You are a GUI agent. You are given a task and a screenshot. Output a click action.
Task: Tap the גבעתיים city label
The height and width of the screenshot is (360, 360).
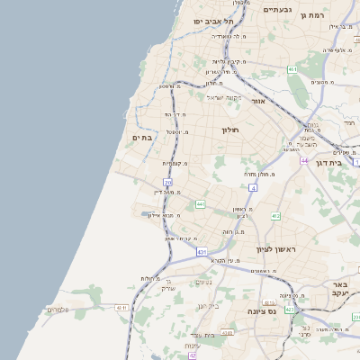point(275,10)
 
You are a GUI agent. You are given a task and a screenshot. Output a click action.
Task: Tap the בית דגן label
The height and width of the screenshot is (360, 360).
point(330,164)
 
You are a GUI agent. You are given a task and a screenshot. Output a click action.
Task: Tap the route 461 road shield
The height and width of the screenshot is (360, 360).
point(292,68)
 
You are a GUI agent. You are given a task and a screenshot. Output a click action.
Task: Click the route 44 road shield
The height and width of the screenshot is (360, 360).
point(305,160)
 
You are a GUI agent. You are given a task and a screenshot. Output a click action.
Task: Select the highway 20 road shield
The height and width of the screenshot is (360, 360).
point(167,183)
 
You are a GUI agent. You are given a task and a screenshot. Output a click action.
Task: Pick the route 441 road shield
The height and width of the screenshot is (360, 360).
point(199,204)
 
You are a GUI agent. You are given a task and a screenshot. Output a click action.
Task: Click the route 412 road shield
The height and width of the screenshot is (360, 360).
point(275,216)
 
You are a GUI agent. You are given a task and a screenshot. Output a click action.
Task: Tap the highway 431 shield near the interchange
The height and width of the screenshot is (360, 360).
point(201,253)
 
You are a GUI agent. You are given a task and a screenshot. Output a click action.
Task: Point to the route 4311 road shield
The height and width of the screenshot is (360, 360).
point(121,308)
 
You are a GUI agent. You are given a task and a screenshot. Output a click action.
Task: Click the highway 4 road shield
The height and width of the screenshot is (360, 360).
point(254,188)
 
